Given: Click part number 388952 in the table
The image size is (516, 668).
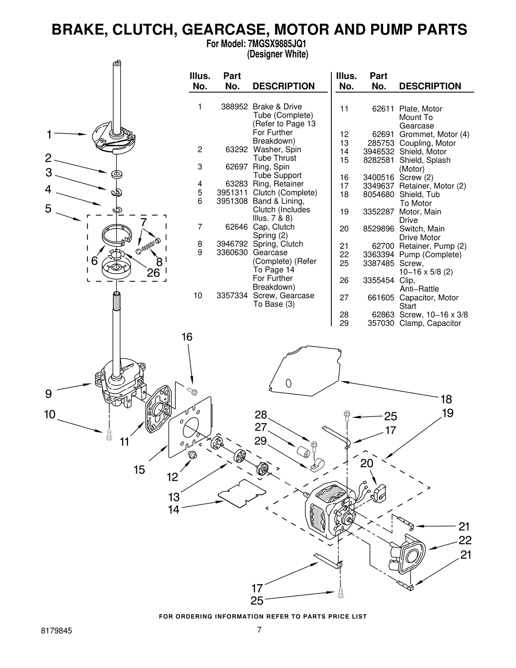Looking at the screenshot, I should [x=234, y=107].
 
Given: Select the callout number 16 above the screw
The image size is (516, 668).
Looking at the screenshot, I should [x=187, y=337].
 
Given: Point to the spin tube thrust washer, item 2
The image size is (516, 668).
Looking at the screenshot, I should [x=116, y=174].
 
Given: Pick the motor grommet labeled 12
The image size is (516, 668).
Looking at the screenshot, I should [x=193, y=455].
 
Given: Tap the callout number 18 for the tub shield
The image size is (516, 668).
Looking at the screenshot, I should [x=446, y=399].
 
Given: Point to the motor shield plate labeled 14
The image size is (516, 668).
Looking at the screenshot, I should [x=242, y=494].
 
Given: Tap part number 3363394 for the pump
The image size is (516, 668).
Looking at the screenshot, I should [x=378, y=255].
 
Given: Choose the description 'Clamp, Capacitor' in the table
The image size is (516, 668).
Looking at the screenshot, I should [x=430, y=323].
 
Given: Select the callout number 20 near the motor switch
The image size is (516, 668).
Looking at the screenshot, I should [x=367, y=464].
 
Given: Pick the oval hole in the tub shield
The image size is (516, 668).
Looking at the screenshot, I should [x=289, y=383].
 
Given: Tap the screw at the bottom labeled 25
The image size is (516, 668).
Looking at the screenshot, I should [x=341, y=593].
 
